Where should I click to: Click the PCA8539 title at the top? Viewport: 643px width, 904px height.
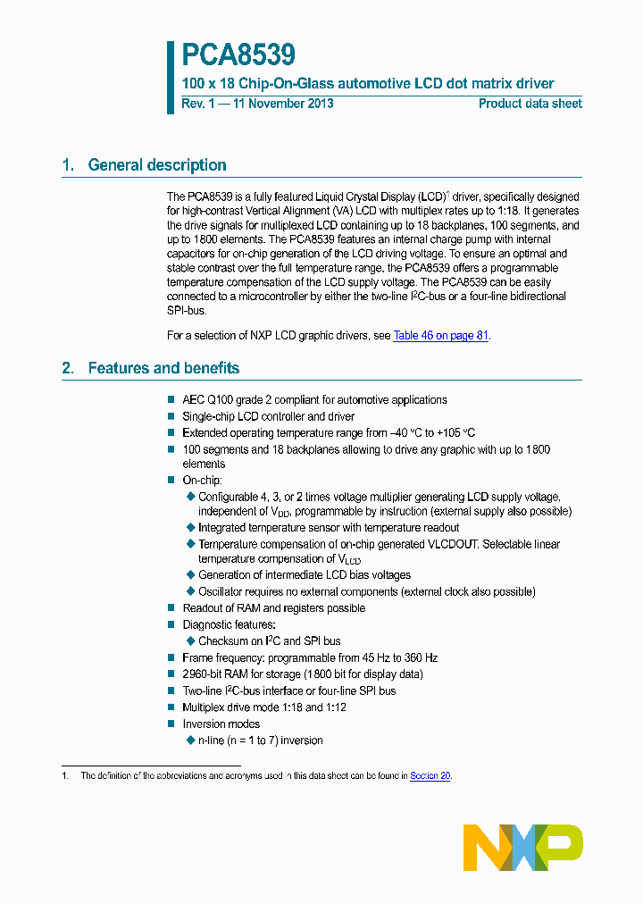pyautogui.click(x=238, y=56)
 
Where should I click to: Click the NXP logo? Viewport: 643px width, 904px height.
pyautogui.click(x=523, y=847)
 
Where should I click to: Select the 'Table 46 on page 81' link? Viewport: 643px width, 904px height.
pyautogui.click(x=440, y=336)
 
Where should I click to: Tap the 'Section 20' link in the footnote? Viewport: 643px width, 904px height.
pyautogui.click(x=430, y=776)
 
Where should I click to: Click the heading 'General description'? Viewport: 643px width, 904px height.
pyautogui.click(x=156, y=165)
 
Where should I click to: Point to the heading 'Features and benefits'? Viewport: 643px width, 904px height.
pyautogui.click(x=163, y=368)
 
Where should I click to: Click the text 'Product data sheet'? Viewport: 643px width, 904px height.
pyautogui.click(x=530, y=104)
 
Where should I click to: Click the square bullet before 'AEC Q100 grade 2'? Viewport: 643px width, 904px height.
pyautogui.click(x=171, y=400)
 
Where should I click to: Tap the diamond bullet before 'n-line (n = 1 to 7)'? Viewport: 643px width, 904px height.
pyautogui.click(x=190, y=741)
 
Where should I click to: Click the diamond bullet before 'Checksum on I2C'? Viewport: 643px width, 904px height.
pyautogui.click(x=190, y=640)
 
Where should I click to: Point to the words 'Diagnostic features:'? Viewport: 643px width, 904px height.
pyautogui.click(x=230, y=624)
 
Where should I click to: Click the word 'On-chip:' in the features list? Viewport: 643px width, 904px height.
pyautogui.click(x=202, y=481)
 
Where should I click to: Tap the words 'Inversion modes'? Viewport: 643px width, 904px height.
pyautogui.click(x=221, y=724)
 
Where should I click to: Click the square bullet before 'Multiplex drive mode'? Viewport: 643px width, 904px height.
pyautogui.click(x=171, y=707)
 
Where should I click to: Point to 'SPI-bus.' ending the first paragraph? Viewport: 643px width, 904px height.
pyautogui.click(x=187, y=311)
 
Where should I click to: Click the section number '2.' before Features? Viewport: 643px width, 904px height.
pyautogui.click(x=68, y=368)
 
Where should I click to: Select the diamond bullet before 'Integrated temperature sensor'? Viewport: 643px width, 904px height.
pyautogui.click(x=190, y=528)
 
